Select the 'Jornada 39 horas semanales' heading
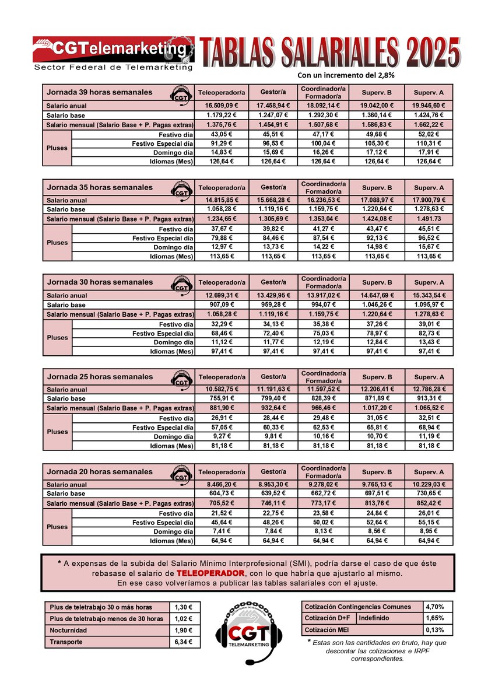(x=100, y=92)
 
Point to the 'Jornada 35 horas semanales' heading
(x=100, y=187)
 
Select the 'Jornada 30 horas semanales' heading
(x=100, y=282)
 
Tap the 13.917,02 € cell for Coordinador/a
(x=324, y=295)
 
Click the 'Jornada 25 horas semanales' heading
(x=100, y=377)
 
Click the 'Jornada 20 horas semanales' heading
(x=100, y=471)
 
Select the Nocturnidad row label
(x=68, y=630)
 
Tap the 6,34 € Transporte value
(x=185, y=642)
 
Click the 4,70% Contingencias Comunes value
(x=438, y=607)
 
